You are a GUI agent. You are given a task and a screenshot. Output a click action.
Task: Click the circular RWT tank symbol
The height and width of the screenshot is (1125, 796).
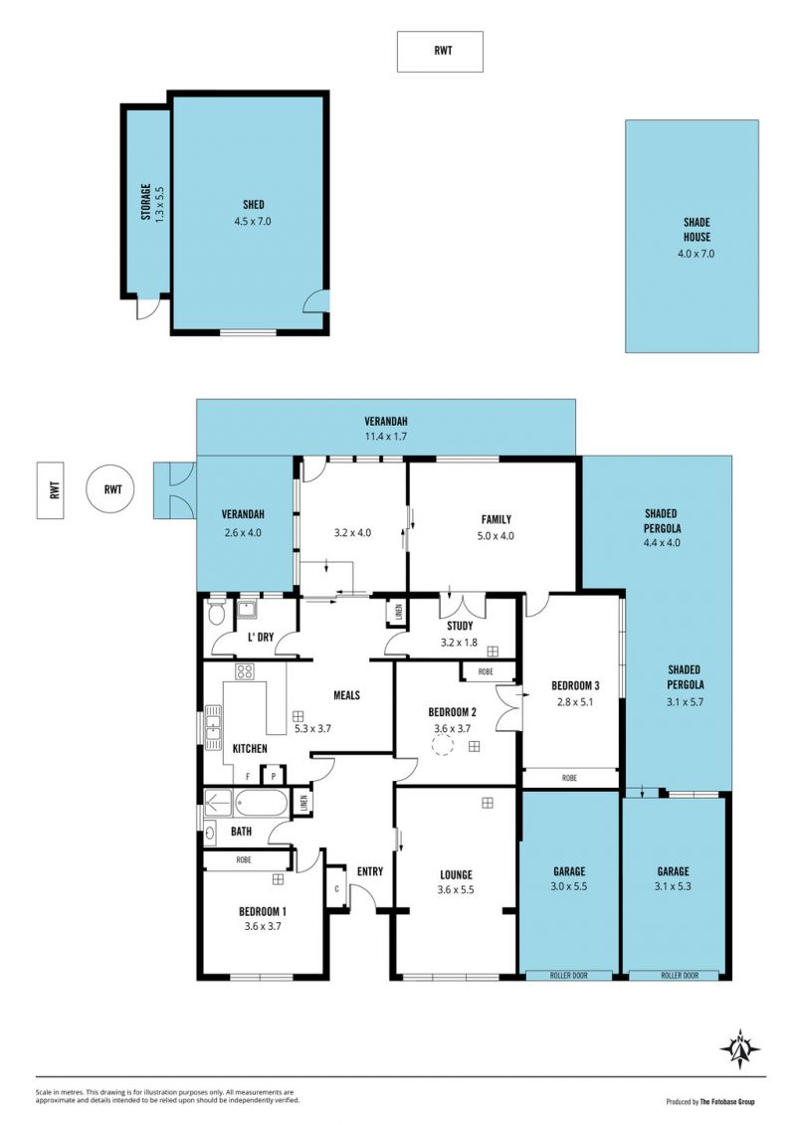point(112,490)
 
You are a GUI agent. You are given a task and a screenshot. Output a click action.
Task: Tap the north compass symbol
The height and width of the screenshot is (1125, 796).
point(739,1049)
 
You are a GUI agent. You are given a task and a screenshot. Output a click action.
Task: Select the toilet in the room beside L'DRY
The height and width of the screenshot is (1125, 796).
point(216,615)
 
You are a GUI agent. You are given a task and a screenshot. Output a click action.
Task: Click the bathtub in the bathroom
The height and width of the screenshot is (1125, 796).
point(261,803)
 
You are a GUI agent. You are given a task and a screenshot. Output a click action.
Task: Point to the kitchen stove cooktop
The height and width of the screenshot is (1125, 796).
point(245,671)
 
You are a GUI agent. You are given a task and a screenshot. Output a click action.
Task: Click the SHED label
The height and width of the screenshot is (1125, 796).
point(254,205)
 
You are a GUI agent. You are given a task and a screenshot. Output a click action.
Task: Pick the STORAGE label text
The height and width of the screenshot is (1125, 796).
point(145,202)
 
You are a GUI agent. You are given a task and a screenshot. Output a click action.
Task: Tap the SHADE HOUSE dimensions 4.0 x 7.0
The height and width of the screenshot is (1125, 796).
point(696,254)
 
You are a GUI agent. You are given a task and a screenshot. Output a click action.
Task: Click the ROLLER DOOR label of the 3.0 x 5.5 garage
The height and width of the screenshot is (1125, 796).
point(568,976)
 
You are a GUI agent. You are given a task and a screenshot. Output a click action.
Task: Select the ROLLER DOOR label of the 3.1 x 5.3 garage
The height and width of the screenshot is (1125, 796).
point(680,976)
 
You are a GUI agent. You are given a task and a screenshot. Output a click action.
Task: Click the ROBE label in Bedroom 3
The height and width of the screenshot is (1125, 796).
point(569,778)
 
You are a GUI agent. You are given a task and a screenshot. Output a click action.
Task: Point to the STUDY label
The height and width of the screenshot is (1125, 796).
point(460,627)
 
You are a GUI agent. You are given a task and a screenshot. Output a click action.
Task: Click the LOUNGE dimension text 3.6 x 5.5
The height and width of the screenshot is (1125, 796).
point(456,889)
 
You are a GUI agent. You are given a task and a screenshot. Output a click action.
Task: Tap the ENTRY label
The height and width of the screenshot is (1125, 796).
point(370,871)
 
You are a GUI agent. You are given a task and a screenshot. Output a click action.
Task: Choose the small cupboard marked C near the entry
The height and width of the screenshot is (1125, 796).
point(336,888)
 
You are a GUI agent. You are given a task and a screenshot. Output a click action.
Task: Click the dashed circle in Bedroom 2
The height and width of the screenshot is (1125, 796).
point(442,746)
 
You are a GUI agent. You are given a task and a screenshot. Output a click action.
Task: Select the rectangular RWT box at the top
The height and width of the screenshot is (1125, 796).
point(440,52)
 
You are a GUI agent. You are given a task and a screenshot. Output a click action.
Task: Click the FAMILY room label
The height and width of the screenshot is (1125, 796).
point(496,519)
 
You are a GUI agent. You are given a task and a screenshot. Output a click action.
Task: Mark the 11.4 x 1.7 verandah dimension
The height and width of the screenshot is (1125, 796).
point(385,437)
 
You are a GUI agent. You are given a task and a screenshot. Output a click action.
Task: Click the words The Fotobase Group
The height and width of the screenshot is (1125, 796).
point(727,1102)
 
